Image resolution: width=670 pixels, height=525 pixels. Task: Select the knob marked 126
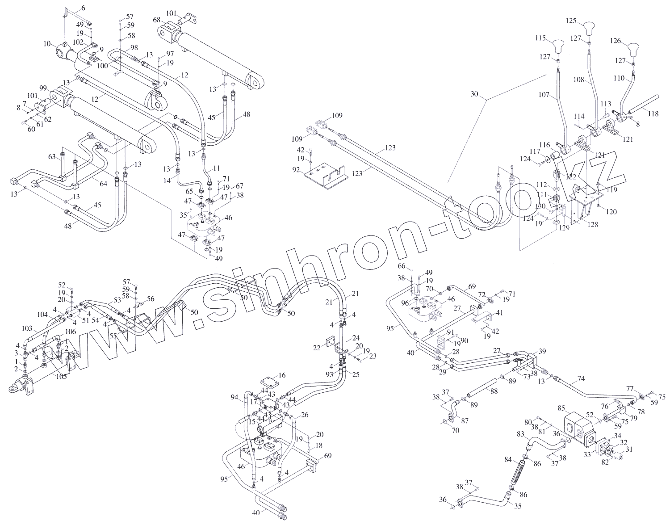point(634,48)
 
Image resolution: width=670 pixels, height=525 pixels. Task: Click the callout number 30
point(474,94)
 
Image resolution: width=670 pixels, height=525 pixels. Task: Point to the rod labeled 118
point(643,106)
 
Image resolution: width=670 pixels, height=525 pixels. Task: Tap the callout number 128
point(593,224)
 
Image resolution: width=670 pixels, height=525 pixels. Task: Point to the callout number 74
point(581,378)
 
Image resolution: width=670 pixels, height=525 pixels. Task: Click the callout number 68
point(156,21)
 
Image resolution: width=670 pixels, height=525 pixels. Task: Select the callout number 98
point(134,47)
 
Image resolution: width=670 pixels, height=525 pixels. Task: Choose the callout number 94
point(234,396)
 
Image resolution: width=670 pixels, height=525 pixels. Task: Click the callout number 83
point(520,434)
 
